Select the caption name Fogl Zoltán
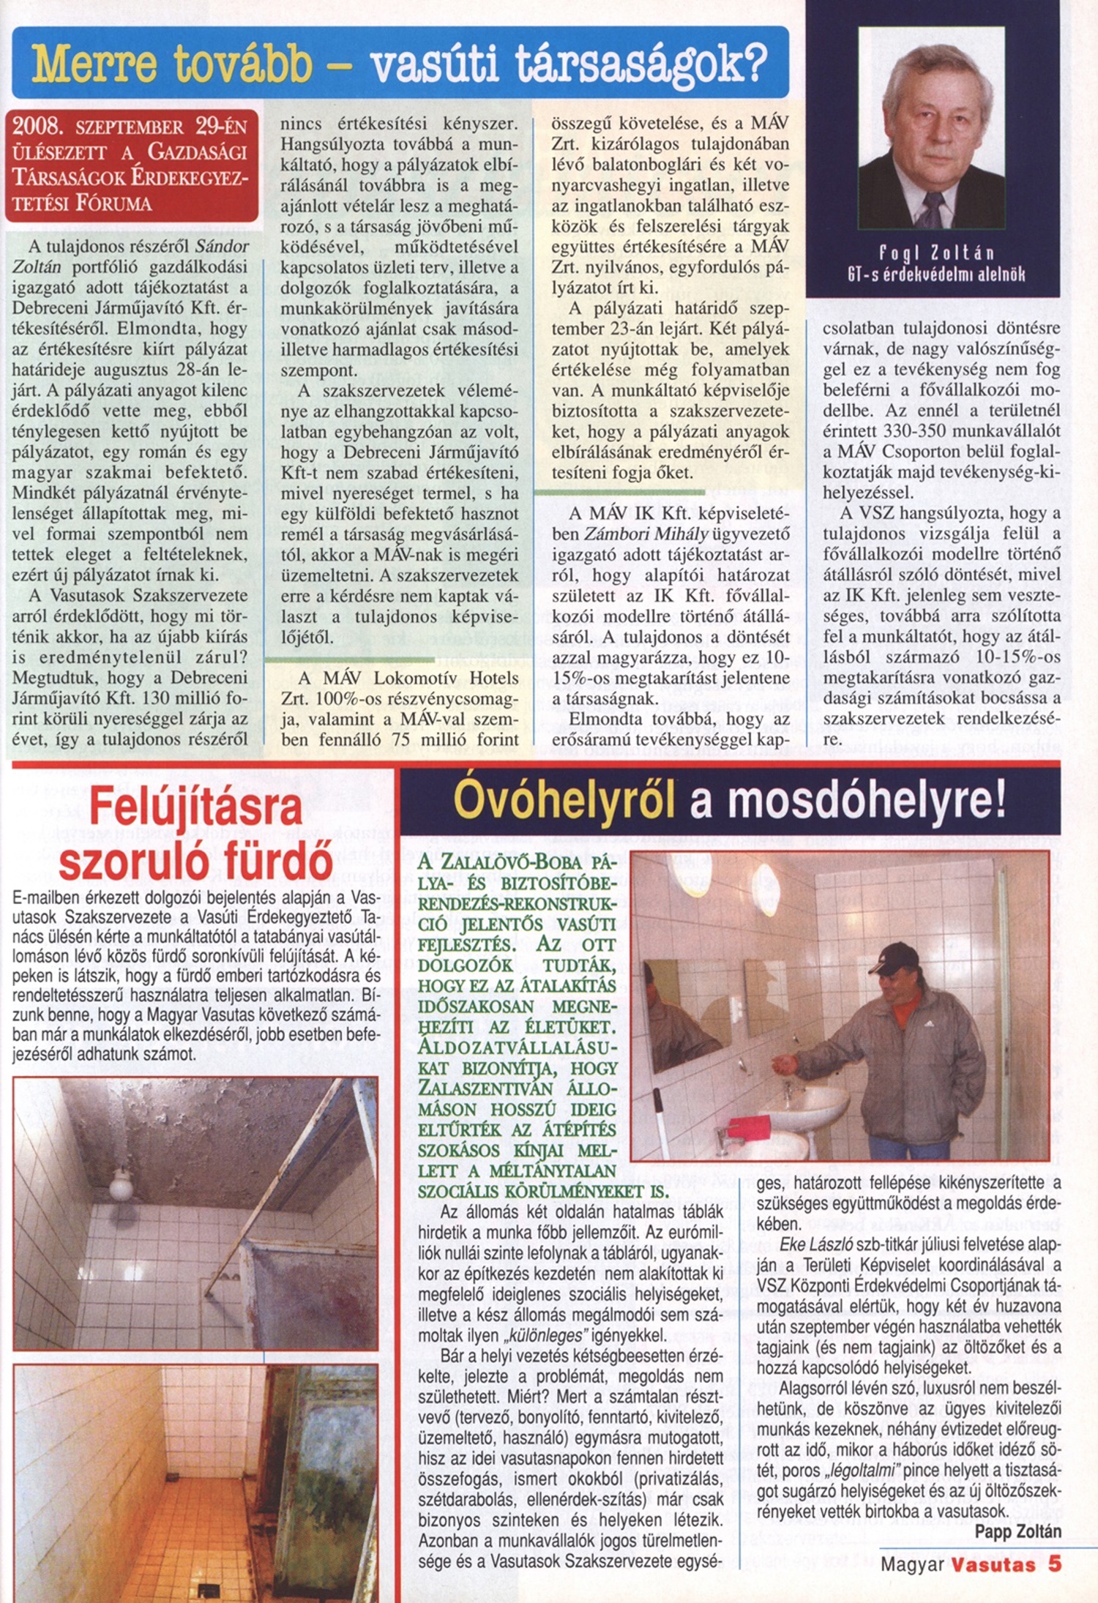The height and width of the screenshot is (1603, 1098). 936,253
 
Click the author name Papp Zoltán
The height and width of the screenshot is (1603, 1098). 1017,1532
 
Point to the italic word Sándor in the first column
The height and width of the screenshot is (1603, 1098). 222,247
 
